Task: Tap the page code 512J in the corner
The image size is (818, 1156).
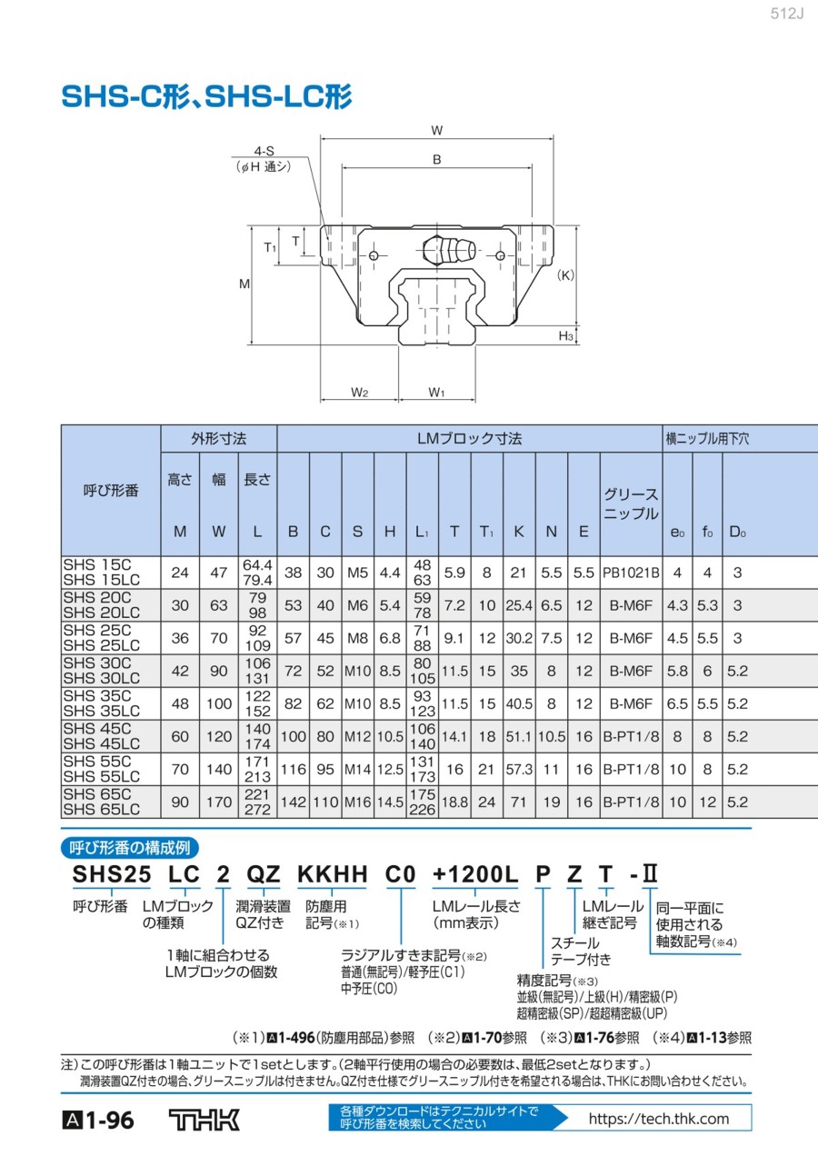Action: [786, 14]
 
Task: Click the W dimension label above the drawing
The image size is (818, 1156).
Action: [436, 131]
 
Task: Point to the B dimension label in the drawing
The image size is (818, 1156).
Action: [436, 159]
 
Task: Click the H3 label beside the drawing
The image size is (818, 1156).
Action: [565, 336]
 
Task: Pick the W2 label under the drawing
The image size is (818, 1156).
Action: [359, 393]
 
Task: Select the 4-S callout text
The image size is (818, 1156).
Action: [264, 151]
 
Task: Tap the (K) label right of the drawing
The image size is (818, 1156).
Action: [565, 275]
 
